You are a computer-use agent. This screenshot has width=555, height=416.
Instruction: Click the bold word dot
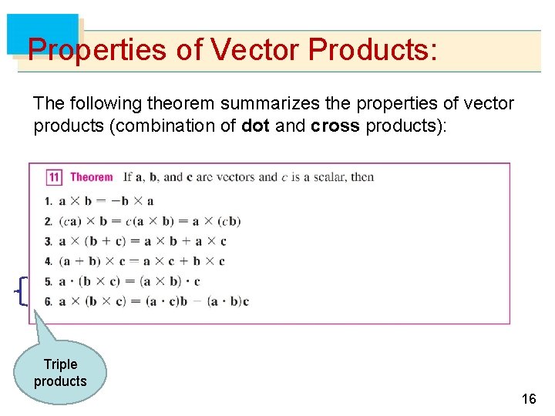tap(255, 126)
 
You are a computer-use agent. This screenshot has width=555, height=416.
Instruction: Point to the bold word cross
tap(335, 126)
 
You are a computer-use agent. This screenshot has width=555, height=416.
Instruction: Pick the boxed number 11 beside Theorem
tap(54, 177)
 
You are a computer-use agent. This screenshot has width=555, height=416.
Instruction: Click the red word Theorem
tap(91, 177)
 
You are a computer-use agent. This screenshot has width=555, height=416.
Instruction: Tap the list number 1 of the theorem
tap(48, 202)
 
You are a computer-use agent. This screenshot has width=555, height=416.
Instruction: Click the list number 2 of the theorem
tap(48, 222)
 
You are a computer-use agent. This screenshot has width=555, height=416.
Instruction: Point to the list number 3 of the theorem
tap(48, 242)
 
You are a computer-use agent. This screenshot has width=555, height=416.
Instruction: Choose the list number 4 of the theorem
tap(48, 262)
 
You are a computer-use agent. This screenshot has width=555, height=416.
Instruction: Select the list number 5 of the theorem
tap(48, 282)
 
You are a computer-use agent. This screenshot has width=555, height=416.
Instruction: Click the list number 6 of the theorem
tap(48, 301)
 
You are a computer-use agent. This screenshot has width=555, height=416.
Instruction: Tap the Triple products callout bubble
tap(60, 373)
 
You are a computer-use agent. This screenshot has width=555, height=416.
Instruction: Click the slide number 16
tap(528, 399)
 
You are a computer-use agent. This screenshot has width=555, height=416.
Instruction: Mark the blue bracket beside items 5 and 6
tap(21, 290)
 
